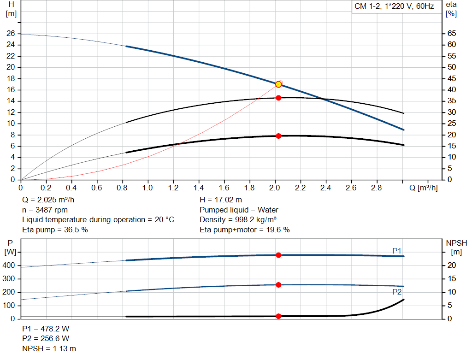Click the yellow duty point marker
pyautogui.click(x=278, y=84)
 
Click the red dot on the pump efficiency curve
pyautogui.click(x=278, y=98)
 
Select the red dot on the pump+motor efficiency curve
pyautogui.click(x=278, y=136)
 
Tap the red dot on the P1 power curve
pyautogui.click(x=278, y=255)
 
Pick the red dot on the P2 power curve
pyautogui.click(x=278, y=285)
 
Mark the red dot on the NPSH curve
pyautogui.click(x=278, y=316)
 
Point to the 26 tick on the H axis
pyautogui.click(x=11, y=34)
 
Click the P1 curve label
pyautogui.click(x=397, y=250)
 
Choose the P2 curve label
pyautogui.click(x=397, y=292)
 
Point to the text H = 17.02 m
pyautogui.click(x=220, y=200)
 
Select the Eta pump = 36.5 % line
pyautogui.click(x=55, y=230)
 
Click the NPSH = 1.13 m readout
pyautogui.click(x=49, y=348)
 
